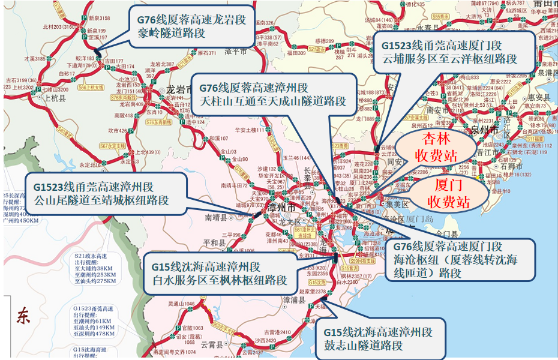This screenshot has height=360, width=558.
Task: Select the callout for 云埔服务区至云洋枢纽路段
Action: click(454, 52)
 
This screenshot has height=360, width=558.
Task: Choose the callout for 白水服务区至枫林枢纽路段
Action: click(220, 272)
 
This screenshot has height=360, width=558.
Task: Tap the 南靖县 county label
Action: click(216, 217)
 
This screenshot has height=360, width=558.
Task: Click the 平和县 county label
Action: click(213, 244)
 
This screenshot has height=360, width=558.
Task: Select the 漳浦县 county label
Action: click(294, 299)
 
